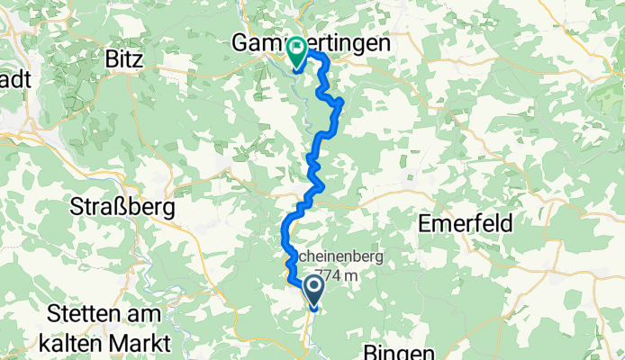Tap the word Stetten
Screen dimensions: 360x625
point(85,315)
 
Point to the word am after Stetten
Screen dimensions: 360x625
point(147,315)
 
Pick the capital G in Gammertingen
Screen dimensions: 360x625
point(242,42)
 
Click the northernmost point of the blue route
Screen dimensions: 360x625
point(316,55)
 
